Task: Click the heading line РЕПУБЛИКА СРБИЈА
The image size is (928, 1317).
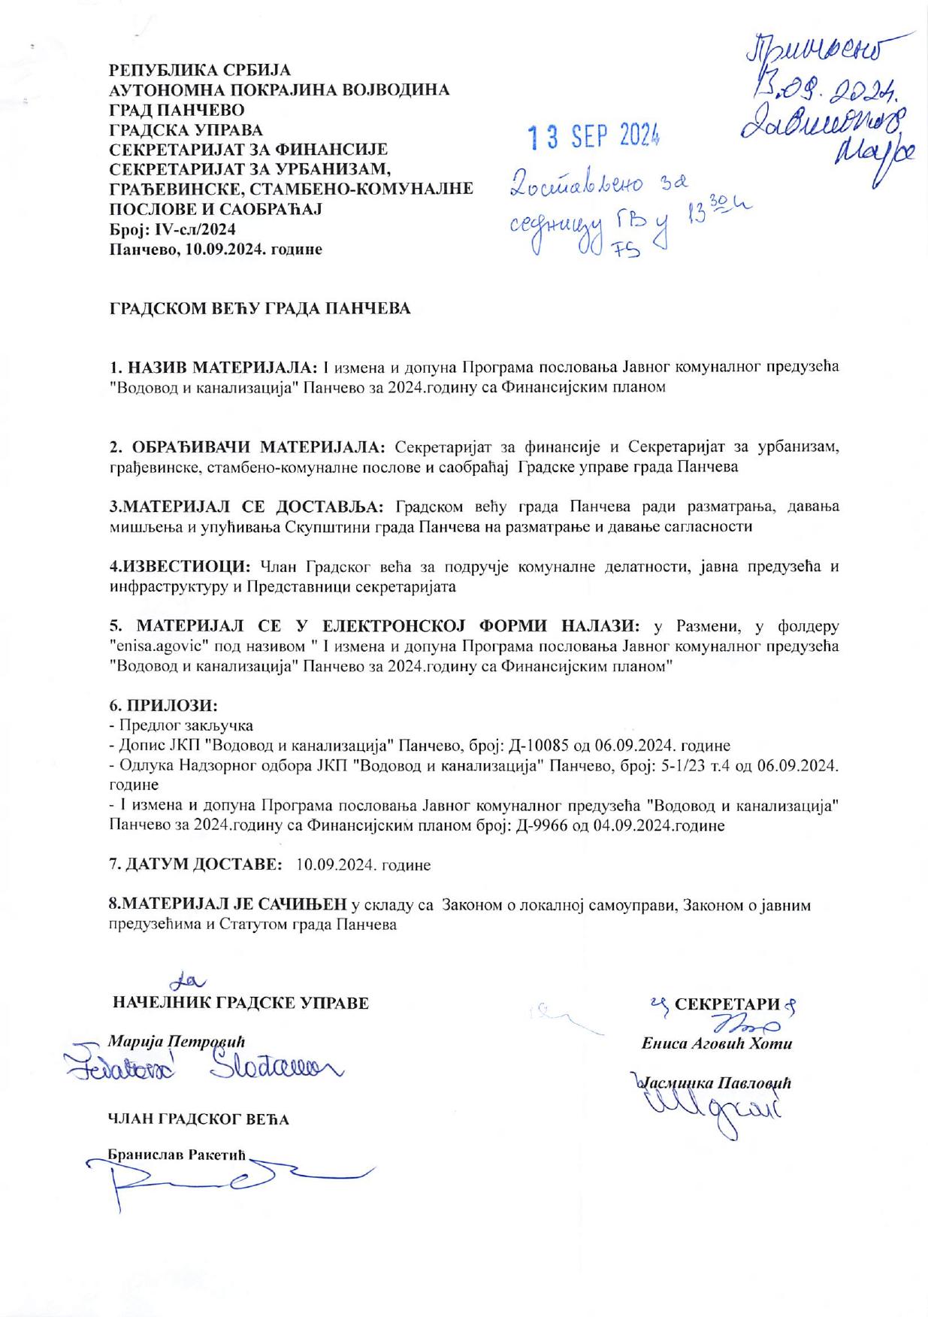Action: pyautogui.click(x=199, y=71)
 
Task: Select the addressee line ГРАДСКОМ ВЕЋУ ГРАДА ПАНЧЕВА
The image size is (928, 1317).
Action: pyautogui.click(x=260, y=309)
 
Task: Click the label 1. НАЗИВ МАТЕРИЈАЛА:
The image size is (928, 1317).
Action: pyautogui.click(x=214, y=368)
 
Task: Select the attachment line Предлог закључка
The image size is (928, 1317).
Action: pyautogui.click(x=184, y=725)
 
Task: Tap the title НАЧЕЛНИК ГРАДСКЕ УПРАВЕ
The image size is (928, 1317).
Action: pyautogui.click(x=240, y=1003)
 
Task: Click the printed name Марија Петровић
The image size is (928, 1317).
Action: pyautogui.click(x=177, y=1041)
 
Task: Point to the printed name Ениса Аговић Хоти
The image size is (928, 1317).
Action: pyautogui.click(x=716, y=1043)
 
